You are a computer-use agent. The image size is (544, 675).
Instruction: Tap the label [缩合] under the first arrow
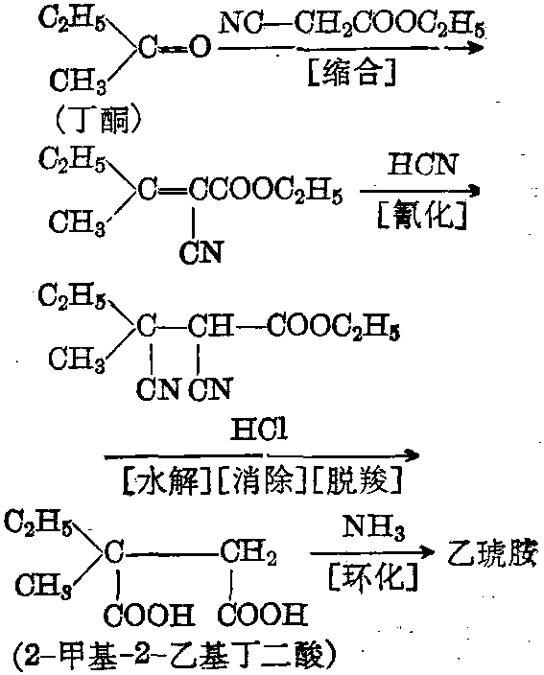point(352,73)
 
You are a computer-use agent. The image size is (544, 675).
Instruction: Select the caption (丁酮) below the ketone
point(98,119)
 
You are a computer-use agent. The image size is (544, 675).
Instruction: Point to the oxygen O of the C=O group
point(201,47)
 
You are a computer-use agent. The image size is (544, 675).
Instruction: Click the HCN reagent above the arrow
point(421,164)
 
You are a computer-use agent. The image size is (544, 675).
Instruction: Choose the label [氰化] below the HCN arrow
point(422,215)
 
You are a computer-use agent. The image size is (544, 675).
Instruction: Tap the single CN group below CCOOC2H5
point(201,252)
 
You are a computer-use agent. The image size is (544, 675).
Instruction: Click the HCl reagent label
point(259,430)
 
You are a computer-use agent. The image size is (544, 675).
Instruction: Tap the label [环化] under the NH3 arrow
point(373,577)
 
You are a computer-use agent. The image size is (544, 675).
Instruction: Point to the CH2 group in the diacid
point(248,552)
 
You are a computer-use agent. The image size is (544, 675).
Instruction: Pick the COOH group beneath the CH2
point(262,614)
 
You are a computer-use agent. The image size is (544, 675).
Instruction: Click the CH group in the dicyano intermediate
point(211,326)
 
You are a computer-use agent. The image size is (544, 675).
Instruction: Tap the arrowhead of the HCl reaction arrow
point(411,454)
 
